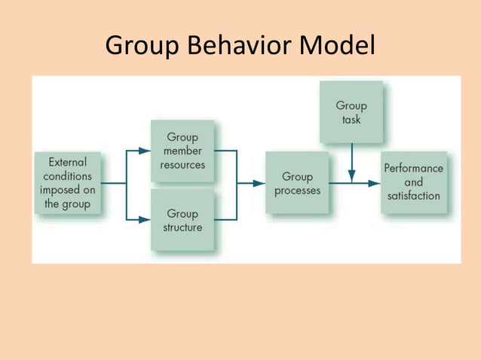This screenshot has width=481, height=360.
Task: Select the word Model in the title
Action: pos(337,47)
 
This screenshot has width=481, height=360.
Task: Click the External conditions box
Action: pos(67,183)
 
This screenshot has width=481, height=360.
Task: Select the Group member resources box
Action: pos(182,151)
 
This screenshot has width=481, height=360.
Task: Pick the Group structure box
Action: pos(182,219)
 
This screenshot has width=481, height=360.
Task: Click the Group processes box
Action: pos(297,183)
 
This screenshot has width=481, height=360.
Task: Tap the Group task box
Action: pos(351,112)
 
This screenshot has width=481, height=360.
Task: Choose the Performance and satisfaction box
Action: pos(413,182)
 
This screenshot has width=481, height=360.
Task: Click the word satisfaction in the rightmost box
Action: pos(413,197)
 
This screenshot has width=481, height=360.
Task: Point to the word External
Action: pos(67,162)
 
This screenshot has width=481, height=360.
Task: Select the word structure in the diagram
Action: pos(182,227)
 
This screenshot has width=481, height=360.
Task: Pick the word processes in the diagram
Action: pos(297,191)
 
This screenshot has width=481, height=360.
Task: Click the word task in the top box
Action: pos(351,120)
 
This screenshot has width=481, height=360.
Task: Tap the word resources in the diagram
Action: pos(182,165)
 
